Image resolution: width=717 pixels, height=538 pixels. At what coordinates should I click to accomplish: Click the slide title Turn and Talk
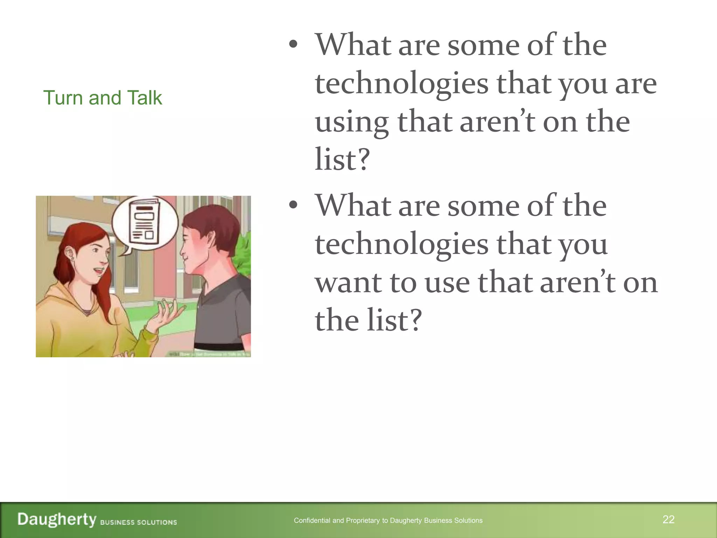102,98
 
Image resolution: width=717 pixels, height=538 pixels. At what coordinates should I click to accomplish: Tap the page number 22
668,519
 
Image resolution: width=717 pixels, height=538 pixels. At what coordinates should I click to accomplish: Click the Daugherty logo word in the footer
57,519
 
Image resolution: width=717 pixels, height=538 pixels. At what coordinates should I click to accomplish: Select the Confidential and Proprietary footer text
388,520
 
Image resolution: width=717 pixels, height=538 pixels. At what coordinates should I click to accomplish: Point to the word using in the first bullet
351,123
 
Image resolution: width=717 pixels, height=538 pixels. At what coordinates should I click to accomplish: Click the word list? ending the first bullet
342,159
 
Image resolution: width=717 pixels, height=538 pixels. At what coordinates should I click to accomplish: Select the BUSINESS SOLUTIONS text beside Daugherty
138,522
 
